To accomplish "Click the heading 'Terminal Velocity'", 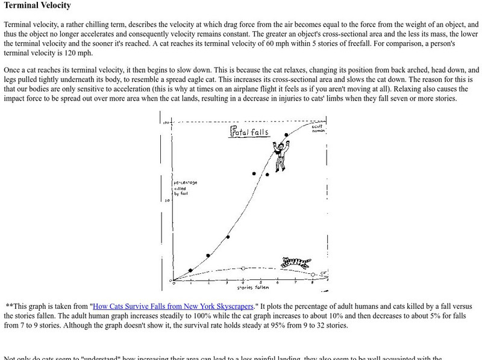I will [x=37, y=6].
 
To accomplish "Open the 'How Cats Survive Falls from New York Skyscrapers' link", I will [x=175, y=306].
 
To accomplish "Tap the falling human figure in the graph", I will [x=279, y=156].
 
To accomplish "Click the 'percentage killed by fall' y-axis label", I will [x=185, y=188].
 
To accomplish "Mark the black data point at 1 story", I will [x=190, y=270].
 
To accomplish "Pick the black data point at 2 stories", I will [x=208, y=256].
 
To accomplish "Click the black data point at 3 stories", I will [x=228, y=237].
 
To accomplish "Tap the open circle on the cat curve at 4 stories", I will [x=243, y=268].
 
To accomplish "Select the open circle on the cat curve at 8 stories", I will [x=313, y=275].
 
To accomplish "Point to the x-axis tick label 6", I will [x=278, y=282].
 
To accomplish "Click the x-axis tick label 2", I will [x=208, y=282].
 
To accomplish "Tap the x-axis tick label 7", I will [x=295, y=282].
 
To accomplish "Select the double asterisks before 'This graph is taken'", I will [x=9, y=306].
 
